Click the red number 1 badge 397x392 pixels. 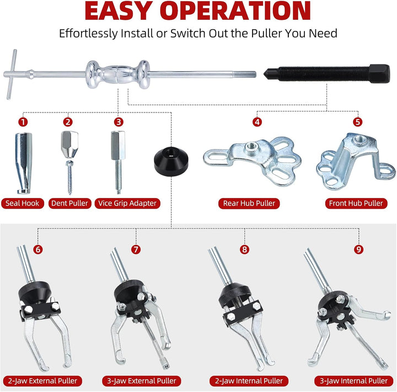[23, 122]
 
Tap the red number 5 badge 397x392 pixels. [357, 122]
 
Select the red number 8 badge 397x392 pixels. [244, 249]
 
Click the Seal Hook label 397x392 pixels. [22, 203]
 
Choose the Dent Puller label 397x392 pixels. [69, 203]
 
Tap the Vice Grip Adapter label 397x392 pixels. [127, 203]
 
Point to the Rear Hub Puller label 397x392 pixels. [249, 203]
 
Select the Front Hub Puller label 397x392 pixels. [356, 203]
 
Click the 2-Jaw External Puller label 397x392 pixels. [42, 381]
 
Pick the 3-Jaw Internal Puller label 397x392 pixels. [353, 381]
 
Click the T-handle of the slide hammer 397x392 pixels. [12, 74]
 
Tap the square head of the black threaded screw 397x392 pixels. [379, 73]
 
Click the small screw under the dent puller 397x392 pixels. [69, 177]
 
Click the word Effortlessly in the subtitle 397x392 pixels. [88, 34]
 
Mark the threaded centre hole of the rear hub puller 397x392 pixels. [251, 146]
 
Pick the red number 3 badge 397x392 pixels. [119, 122]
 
